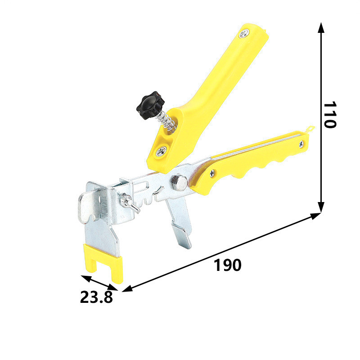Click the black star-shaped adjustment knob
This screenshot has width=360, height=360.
click(151, 105)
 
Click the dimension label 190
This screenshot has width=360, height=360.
click(228, 265)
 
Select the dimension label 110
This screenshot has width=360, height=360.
click(330, 114)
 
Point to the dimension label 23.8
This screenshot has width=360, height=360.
click(96, 297)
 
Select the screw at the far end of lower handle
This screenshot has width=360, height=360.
click(301, 144)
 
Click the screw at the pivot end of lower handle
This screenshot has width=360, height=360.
click(212, 173)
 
